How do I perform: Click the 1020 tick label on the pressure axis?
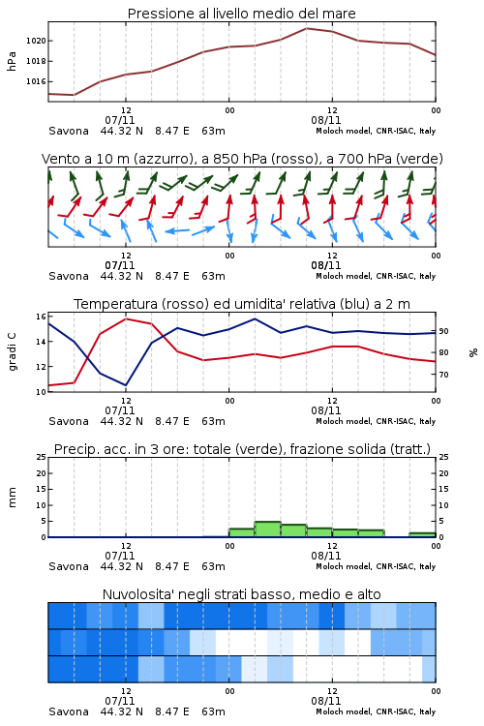point(36,41)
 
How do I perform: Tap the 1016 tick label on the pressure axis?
point(36,81)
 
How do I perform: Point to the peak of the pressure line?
point(306,28)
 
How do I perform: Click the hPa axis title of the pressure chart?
point(12,61)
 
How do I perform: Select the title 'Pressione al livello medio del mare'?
point(241,14)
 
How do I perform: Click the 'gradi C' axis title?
point(12,351)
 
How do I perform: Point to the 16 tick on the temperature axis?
point(41,317)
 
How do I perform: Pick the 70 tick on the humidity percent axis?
point(443,374)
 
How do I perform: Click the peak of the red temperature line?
point(126,318)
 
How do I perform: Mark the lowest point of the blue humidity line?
point(126,385)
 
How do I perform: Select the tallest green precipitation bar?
point(268,529)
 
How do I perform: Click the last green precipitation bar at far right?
point(422,534)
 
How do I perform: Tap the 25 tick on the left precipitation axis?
point(41,457)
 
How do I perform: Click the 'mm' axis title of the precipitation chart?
point(12,498)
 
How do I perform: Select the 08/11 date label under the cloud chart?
point(326,701)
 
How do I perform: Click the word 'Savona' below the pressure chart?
point(69,131)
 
